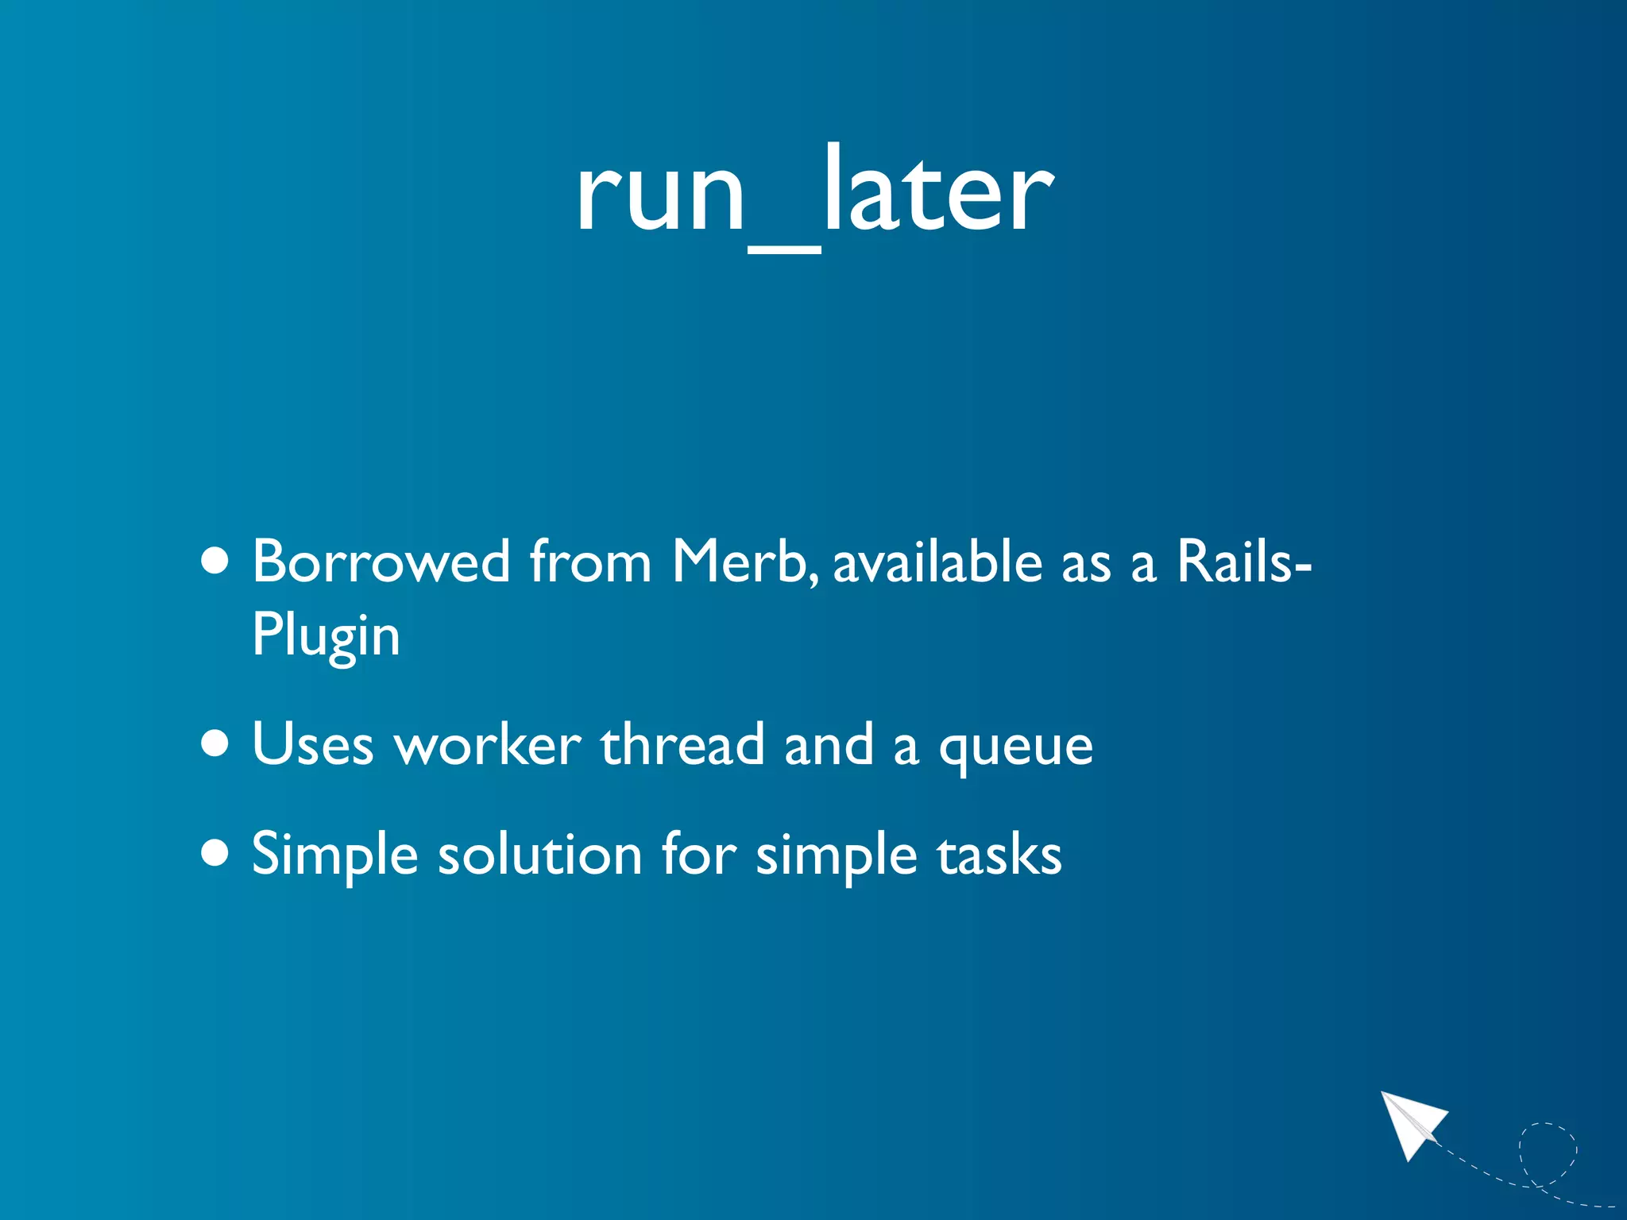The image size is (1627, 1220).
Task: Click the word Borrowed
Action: pos(381,562)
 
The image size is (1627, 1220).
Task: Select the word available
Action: pos(937,562)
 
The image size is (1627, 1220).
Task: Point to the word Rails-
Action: pos(1243,562)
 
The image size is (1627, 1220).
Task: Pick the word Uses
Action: pos(312,745)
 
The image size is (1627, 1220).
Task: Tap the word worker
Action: pos(489,745)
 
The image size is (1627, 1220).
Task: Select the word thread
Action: pos(682,745)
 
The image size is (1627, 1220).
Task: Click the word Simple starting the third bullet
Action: pos(334,855)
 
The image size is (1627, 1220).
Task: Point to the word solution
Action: pos(540,855)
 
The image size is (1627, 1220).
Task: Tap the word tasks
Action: pos(999,855)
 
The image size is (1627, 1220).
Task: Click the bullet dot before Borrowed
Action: pos(214,562)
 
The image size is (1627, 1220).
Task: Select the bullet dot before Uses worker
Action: pos(214,744)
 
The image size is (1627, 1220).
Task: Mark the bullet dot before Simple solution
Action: pos(214,854)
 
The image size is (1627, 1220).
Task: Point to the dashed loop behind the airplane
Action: pos(1548,1152)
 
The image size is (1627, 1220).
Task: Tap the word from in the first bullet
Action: pos(590,562)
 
